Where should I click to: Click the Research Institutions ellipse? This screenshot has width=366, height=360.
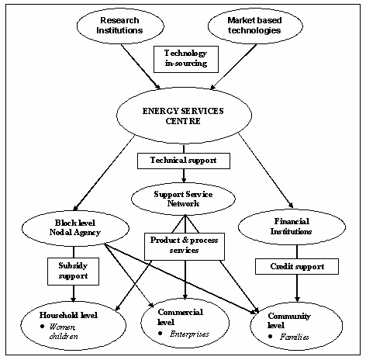tap(120, 26)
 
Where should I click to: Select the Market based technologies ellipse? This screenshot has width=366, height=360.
tap(255, 26)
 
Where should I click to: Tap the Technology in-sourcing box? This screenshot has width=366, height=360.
tap(186, 59)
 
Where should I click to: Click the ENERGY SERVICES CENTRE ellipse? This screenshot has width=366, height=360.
tap(184, 115)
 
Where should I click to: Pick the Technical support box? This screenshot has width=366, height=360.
tap(184, 161)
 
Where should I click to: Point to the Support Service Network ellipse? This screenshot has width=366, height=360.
tap(183, 199)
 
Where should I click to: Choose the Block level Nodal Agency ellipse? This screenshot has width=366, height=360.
tap(75, 228)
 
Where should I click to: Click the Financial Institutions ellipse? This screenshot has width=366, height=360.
tap(292, 227)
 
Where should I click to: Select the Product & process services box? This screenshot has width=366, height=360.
tap(185, 247)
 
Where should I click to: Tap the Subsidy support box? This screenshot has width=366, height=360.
tap(73, 272)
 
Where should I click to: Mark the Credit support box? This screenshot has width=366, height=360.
tap(297, 266)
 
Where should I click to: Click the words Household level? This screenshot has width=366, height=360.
tap(68, 315)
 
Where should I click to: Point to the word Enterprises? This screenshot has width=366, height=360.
tap(189, 334)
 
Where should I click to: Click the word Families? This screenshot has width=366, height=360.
tap(295, 337)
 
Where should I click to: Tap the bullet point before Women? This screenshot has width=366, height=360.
tap(42, 327)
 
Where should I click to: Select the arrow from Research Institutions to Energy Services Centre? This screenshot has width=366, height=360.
tap(141, 67)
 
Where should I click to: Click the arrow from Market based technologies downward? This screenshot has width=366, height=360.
tap(233, 67)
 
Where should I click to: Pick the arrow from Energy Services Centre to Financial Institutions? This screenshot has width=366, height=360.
tap(266, 171)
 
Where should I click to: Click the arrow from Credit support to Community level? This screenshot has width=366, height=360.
tap(297, 289)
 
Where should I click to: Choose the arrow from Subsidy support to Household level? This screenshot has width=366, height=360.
tap(74, 294)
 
